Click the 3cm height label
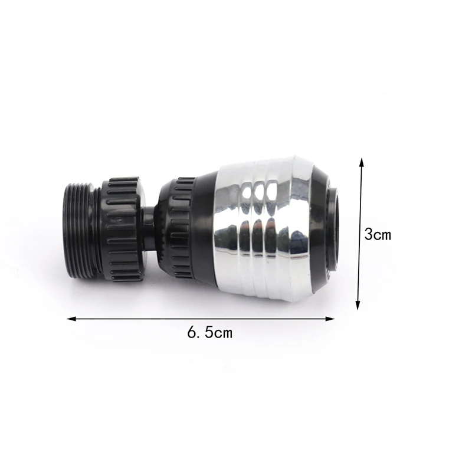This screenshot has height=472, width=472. click(x=378, y=234)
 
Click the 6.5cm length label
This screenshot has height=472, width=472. click(x=210, y=333)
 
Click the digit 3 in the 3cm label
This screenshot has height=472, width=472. click(x=368, y=234)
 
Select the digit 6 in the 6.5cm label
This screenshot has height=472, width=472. click(x=192, y=333)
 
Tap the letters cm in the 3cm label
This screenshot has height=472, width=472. click(x=382, y=235)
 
